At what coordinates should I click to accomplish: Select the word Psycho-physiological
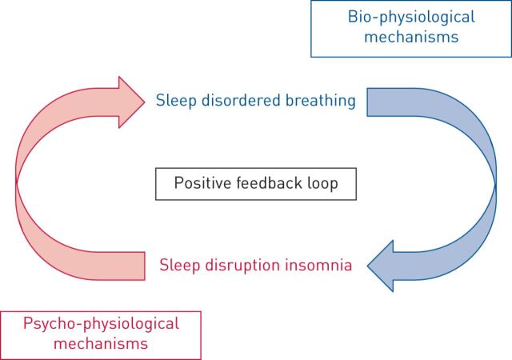(x=100, y=324)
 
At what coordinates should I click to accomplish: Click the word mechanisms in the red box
(x=100, y=344)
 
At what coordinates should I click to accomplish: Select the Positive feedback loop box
(x=255, y=183)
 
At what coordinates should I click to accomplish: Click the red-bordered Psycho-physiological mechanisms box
(x=100, y=334)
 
